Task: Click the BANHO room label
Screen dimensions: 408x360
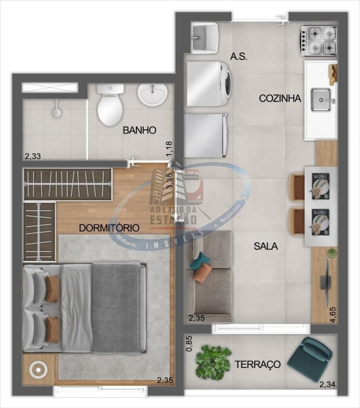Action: tap(140, 131)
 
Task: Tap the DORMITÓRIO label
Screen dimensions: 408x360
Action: tap(109, 228)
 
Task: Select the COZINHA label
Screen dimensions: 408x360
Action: tap(280, 98)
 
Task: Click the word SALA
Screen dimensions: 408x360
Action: tap(265, 246)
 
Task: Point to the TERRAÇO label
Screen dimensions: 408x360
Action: tap(258, 364)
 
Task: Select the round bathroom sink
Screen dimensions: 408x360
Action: tap(152, 94)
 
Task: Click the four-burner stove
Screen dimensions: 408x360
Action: tap(319, 40)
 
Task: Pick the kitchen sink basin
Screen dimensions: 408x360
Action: tap(321, 100)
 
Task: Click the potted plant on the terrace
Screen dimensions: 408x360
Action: tap(213, 361)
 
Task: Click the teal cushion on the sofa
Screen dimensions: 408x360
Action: tap(200, 261)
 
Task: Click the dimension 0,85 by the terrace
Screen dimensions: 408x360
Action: tap(188, 344)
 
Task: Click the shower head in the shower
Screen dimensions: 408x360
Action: tap(57, 111)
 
